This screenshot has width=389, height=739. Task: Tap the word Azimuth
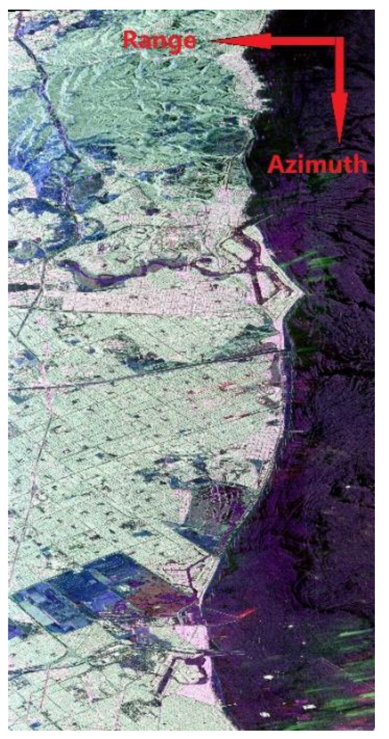[x=317, y=165]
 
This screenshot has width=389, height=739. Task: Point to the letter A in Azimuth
[x=276, y=165]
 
